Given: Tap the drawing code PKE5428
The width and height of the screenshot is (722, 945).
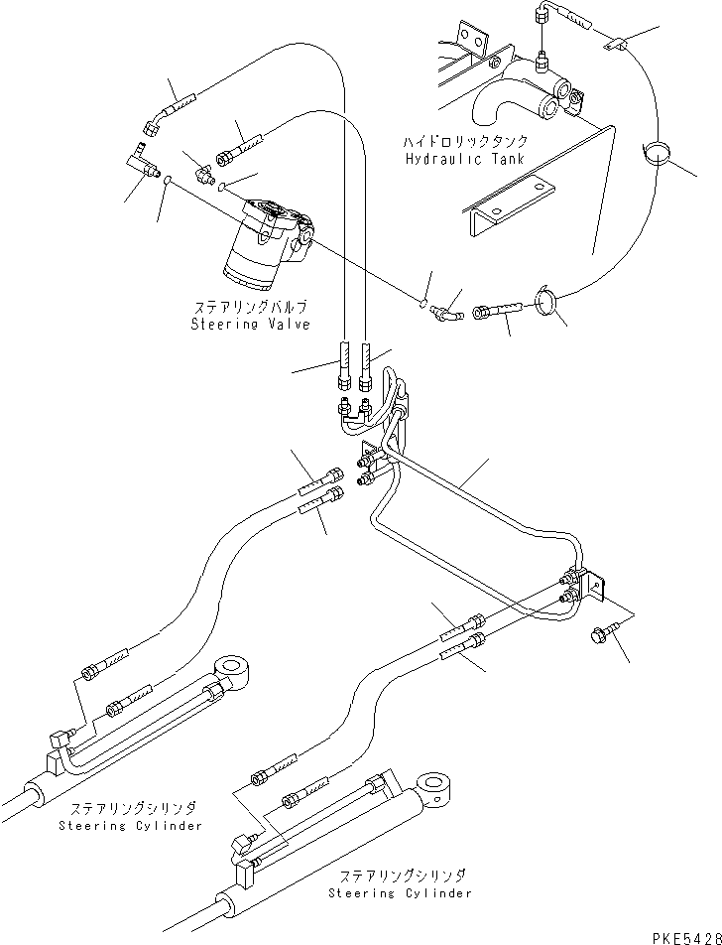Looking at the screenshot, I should coord(683,934).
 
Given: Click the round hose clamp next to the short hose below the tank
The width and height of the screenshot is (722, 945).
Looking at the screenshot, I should coord(546,298).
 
